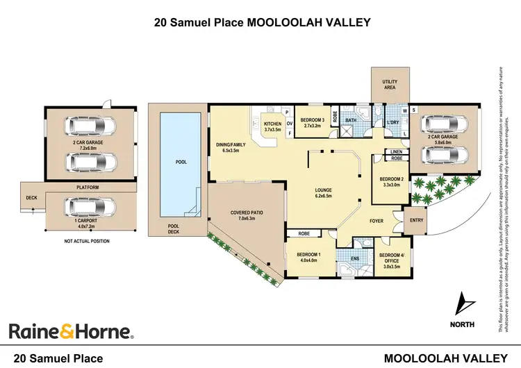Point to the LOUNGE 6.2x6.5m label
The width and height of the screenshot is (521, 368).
[x=327, y=194]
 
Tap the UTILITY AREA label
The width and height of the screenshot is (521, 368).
[x=389, y=85]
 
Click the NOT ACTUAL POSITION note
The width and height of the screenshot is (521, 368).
[x=88, y=241]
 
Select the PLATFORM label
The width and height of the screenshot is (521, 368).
[x=88, y=187]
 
